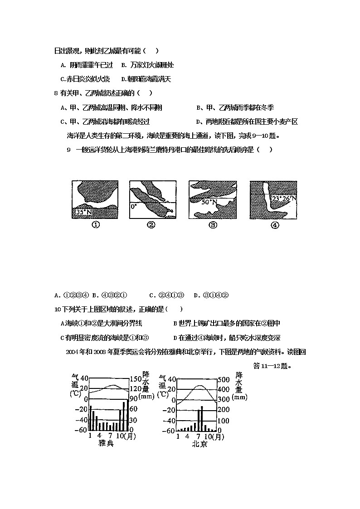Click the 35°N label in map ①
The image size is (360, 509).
(x=83, y=212)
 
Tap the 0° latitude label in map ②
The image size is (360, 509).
(x=133, y=206)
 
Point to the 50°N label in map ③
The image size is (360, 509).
(x=209, y=203)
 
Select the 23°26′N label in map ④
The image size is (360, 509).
(x=284, y=199)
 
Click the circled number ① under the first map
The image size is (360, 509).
(x=96, y=225)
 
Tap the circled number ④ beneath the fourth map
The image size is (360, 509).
(x=274, y=225)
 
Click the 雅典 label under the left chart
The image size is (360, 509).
(x=106, y=444)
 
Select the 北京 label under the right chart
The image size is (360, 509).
(x=199, y=444)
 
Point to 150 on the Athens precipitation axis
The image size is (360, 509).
(x=136, y=379)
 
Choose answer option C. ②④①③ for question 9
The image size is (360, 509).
(x=166, y=296)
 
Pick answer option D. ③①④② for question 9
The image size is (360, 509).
(x=211, y=296)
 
